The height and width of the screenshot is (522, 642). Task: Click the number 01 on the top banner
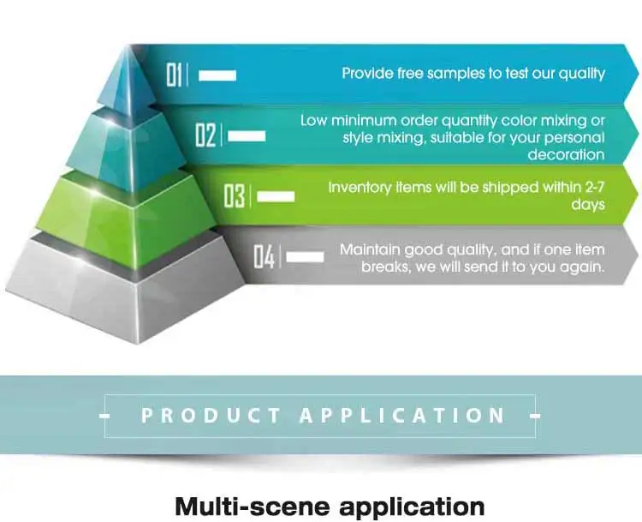click(175, 75)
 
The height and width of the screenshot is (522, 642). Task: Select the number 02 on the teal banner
click(205, 135)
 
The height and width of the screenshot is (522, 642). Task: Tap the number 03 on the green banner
click(235, 196)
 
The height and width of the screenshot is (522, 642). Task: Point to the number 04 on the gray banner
click(264, 256)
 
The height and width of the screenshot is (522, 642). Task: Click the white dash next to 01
click(217, 75)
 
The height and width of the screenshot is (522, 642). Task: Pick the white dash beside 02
click(247, 136)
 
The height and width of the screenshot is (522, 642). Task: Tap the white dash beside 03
click(276, 197)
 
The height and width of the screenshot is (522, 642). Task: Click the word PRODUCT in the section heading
click(211, 416)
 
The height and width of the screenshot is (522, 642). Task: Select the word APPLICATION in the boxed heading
click(402, 416)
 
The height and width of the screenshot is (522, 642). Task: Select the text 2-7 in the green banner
click(591, 188)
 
